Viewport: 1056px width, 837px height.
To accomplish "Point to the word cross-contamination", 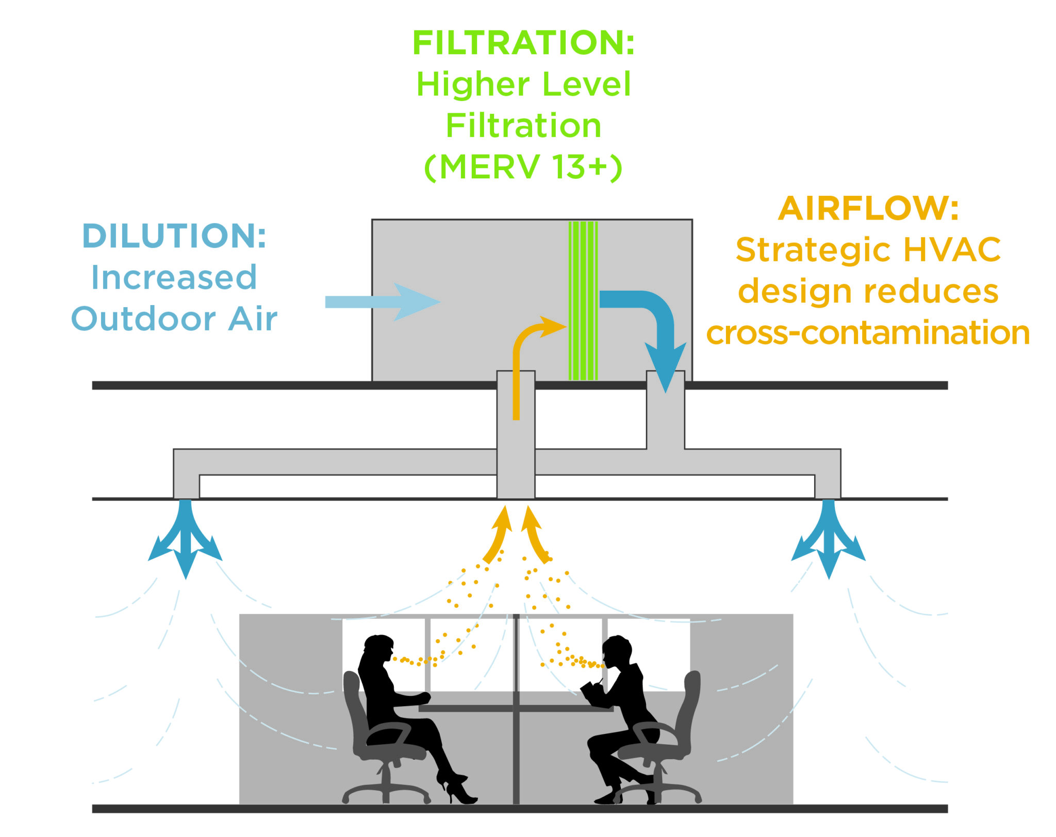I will click(868, 333).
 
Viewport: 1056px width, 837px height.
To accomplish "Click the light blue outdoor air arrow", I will click(382, 302).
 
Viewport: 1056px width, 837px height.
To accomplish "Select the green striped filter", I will click(583, 301).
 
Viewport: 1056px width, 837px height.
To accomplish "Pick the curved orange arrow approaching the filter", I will click(526, 345).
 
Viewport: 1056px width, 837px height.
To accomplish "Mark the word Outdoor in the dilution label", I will click(143, 320).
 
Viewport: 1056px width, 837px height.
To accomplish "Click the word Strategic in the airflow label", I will click(815, 250).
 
